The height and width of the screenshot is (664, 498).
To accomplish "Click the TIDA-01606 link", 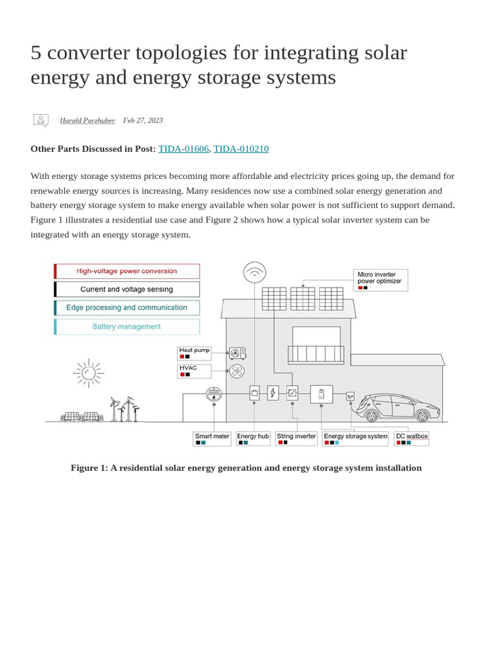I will [184, 148].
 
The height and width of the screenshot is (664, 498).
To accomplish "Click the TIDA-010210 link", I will [241, 148].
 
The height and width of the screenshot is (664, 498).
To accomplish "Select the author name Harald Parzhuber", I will [87, 120].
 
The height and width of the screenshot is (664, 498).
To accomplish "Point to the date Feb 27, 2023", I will [143, 120].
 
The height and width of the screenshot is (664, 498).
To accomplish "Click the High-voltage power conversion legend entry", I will [127, 271].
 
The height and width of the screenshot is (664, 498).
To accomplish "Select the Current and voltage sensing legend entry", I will [127, 289].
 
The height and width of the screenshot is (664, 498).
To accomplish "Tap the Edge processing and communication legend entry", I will [127, 308].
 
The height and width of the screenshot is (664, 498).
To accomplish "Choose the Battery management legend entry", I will [127, 327].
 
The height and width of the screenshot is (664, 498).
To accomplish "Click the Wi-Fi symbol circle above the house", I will [255, 272].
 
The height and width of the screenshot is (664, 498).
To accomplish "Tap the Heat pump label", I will [195, 353].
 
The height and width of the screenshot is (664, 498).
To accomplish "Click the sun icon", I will [89, 372].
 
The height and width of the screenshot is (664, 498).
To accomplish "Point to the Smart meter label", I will [212, 438].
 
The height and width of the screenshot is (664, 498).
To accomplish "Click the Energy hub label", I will [253, 438].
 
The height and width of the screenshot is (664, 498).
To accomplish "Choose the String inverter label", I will [296, 438].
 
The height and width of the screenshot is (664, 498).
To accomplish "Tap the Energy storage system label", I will [355, 438].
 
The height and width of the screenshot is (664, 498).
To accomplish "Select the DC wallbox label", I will [412, 438].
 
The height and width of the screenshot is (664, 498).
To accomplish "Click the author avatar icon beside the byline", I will [41, 120].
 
